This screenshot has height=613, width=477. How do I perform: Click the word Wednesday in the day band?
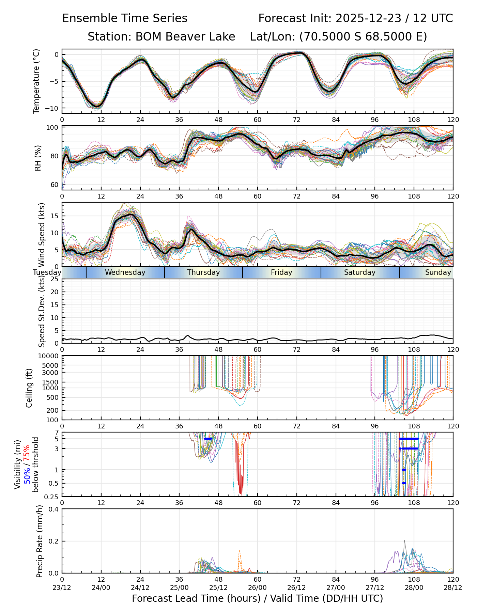point(125,272)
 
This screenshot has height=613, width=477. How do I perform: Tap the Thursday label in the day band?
point(203,272)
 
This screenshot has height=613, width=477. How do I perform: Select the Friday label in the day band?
point(281,272)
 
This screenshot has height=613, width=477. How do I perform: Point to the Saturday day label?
point(359,272)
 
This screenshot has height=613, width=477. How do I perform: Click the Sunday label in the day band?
point(438,272)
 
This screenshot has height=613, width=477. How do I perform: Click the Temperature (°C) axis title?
point(36,81)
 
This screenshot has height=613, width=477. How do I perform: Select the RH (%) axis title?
point(38,158)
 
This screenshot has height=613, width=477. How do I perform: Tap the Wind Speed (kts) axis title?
point(42,235)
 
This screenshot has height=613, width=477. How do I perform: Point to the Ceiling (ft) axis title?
point(29,388)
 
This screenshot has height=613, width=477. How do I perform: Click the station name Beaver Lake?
point(185,36)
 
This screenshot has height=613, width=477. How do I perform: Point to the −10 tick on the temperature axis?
point(52,108)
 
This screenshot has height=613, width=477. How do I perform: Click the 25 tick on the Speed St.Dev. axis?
point(55,279)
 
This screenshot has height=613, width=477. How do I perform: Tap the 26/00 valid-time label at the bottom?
point(258,587)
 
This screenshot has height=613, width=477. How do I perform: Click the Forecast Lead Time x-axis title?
point(257,598)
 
